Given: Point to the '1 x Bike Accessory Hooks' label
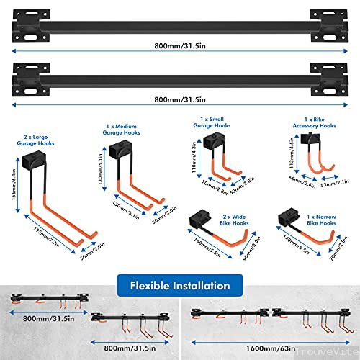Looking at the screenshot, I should click(x=315, y=122).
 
